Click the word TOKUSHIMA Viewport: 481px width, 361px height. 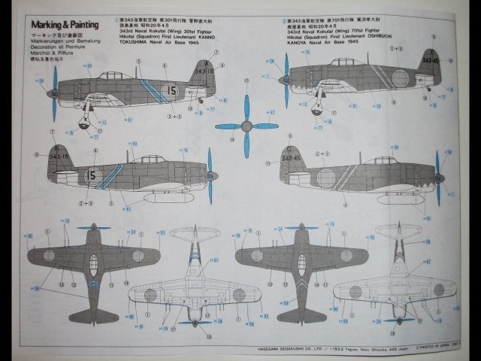pos(140,45)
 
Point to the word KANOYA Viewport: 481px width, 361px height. pos(295,45)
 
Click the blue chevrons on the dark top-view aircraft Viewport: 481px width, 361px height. pos(93,284)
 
